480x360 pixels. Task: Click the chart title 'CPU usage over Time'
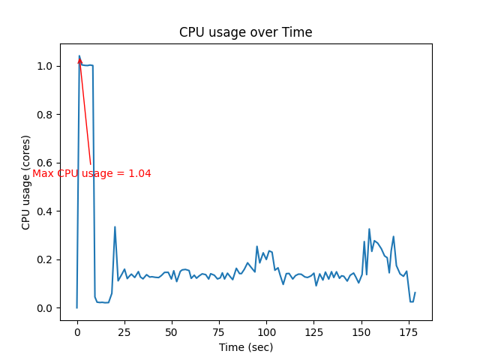(x=245, y=32)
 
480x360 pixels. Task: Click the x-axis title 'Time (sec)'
(x=246, y=347)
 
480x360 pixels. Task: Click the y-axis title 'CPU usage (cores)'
(x=26, y=182)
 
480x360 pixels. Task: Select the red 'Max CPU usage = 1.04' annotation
(x=91, y=173)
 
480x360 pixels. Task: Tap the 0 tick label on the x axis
(x=76, y=332)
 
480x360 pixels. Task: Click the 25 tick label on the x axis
(x=124, y=332)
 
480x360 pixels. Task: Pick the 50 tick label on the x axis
(x=172, y=332)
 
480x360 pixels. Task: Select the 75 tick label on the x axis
(x=219, y=332)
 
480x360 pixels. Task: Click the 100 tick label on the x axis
(x=266, y=332)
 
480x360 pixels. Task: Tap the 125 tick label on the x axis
(x=313, y=332)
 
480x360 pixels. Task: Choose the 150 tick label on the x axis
(x=361, y=332)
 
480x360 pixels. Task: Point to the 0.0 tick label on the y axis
(x=46, y=308)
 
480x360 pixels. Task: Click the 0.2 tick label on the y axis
(x=46, y=259)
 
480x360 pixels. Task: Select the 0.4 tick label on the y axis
(x=46, y=211)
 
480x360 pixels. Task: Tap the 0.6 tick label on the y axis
(x=46, y=163)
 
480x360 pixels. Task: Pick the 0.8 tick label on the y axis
(x=46, y=115)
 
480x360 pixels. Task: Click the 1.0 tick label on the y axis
(x=46, y=66)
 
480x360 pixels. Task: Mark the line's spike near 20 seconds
(x=115, y=227)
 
